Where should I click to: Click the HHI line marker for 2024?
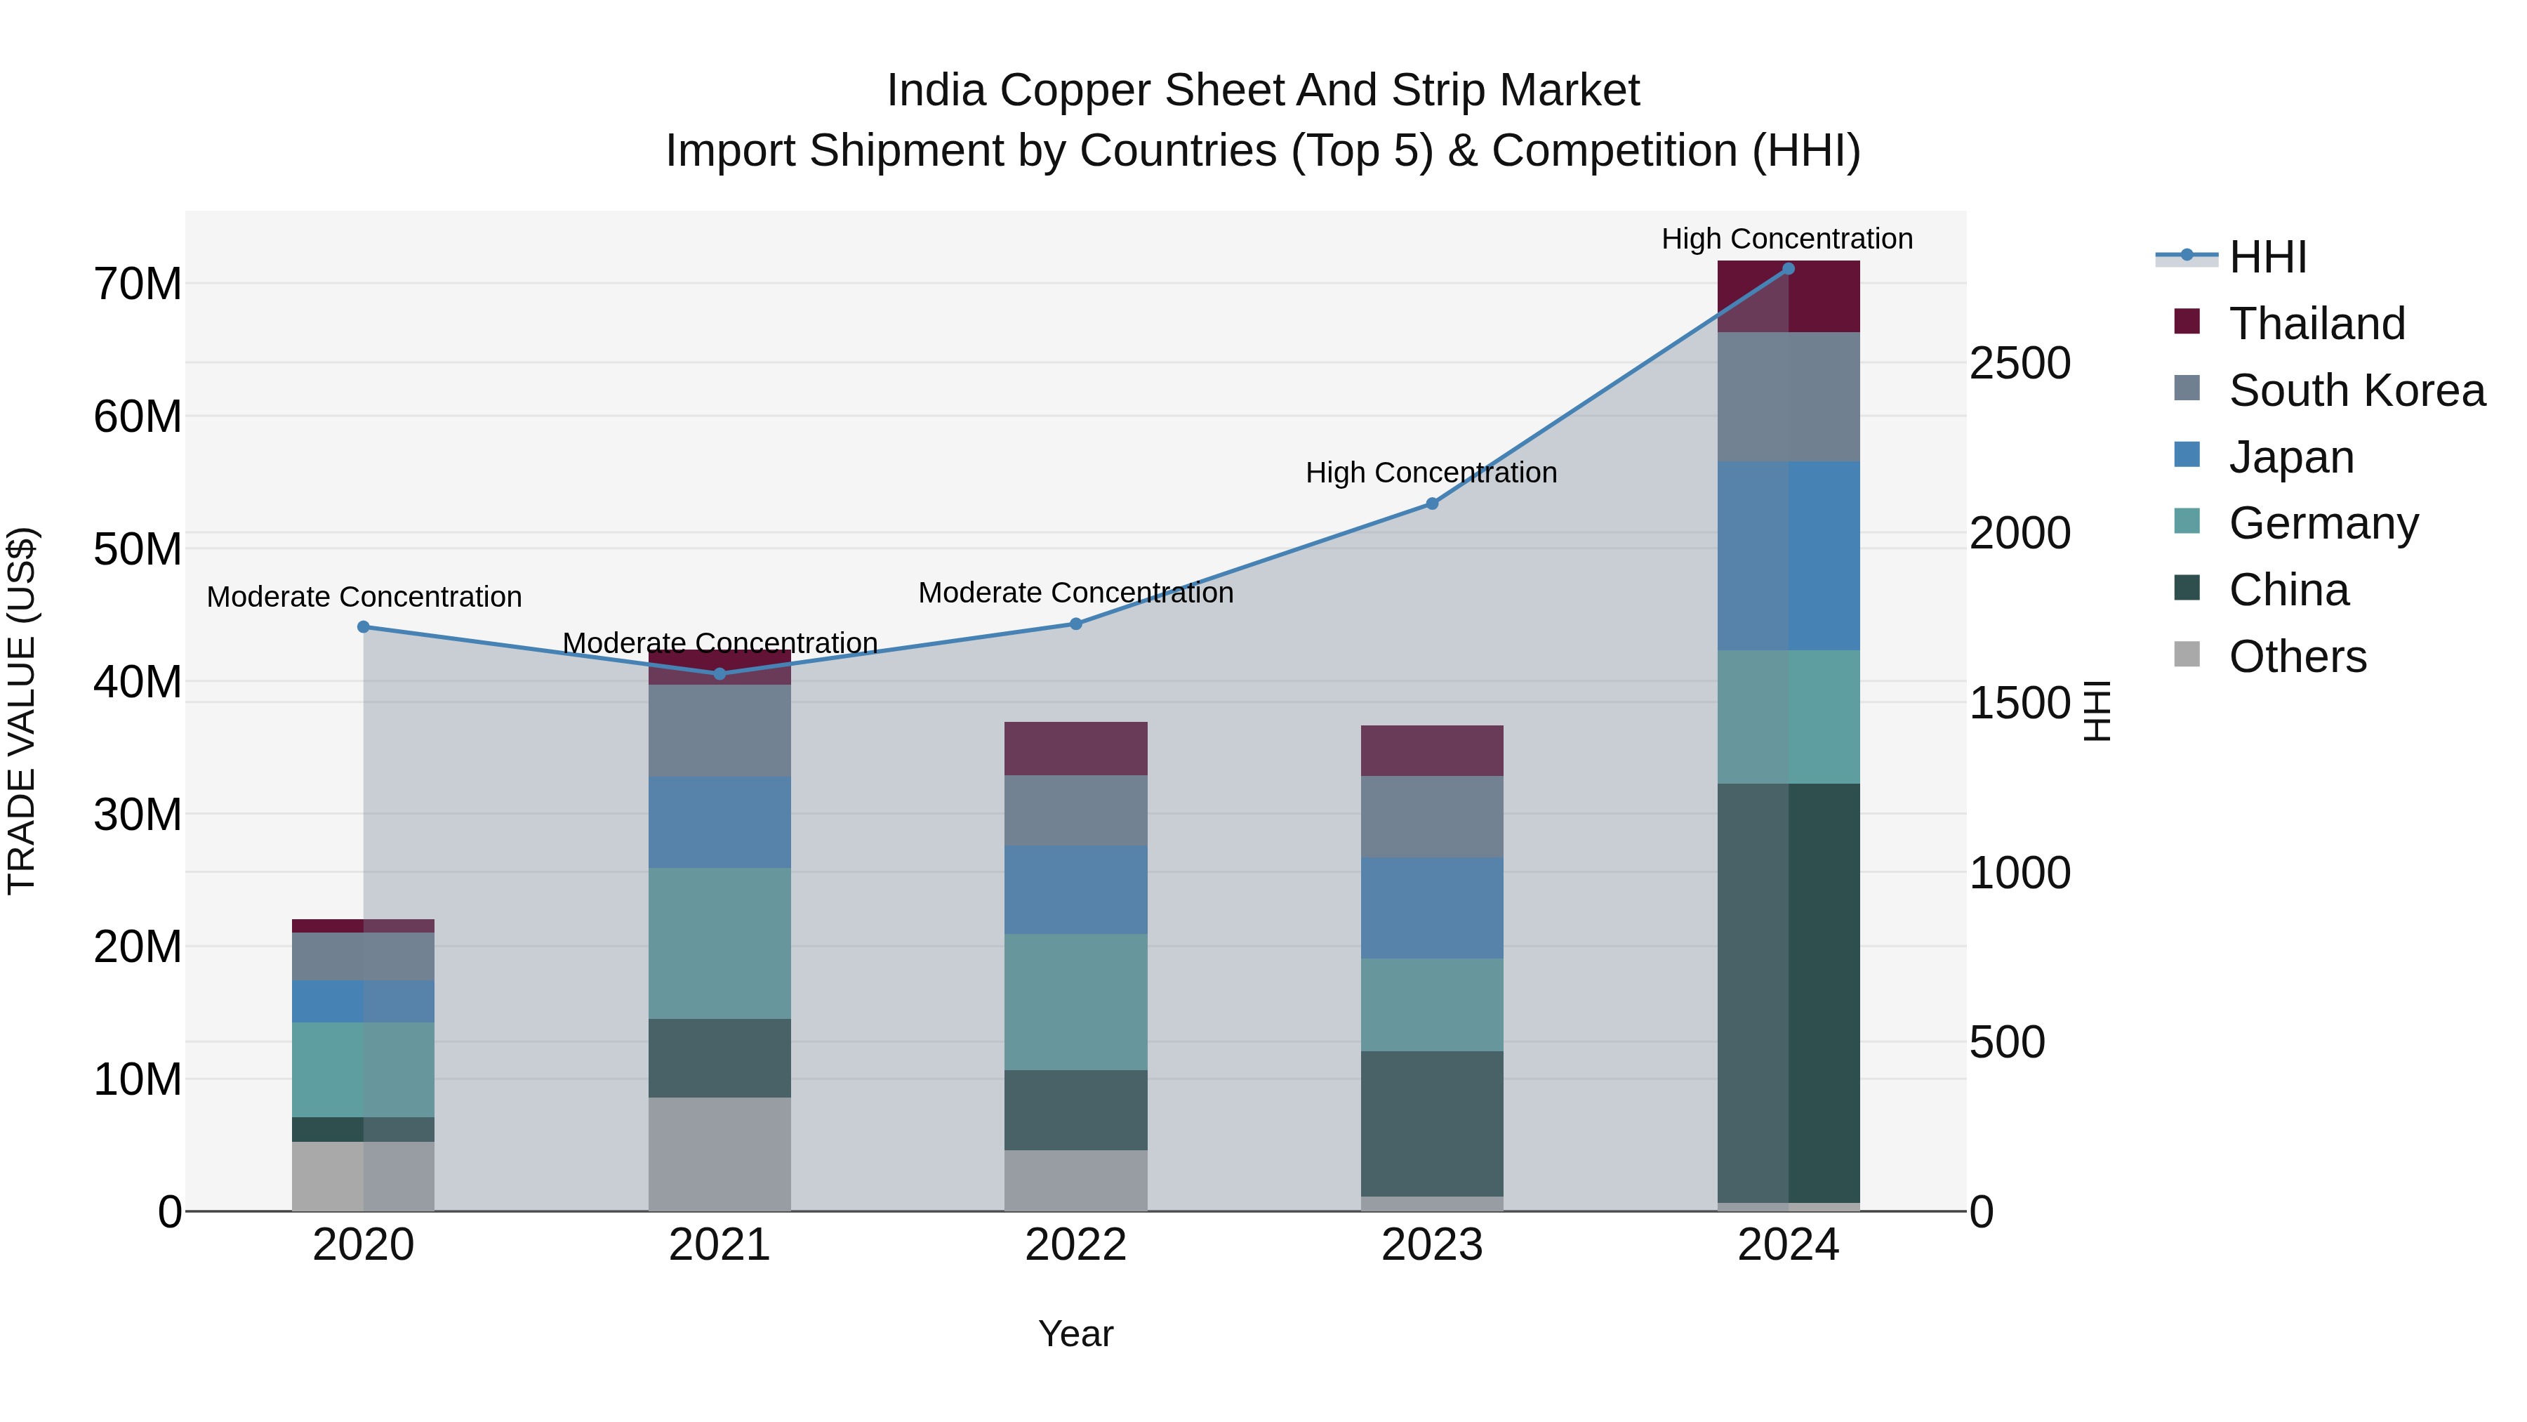(x=1787, y=269)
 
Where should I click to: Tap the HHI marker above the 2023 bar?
(x=1431, y=503)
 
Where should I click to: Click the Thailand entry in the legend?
(x=2316, y=324)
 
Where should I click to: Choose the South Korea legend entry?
(x=2356, y=390)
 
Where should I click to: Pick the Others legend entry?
(x=2297, y=657)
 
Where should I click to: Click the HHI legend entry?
(x=2267, y=257)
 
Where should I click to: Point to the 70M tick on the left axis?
(x=138, y=284)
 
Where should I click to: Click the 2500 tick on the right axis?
(x=2019, y=363)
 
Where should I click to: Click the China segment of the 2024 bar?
(x=1787, y=991)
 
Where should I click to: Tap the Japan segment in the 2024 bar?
(x=1787, y=555)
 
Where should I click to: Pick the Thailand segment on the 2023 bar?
(x=1431, y=751)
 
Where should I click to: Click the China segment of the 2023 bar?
(x=1431, y=1124)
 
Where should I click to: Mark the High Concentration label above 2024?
(x=1786, y=239)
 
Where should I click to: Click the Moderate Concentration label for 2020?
(x=364, y=597)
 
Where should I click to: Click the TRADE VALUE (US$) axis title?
(x=22, y=711)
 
